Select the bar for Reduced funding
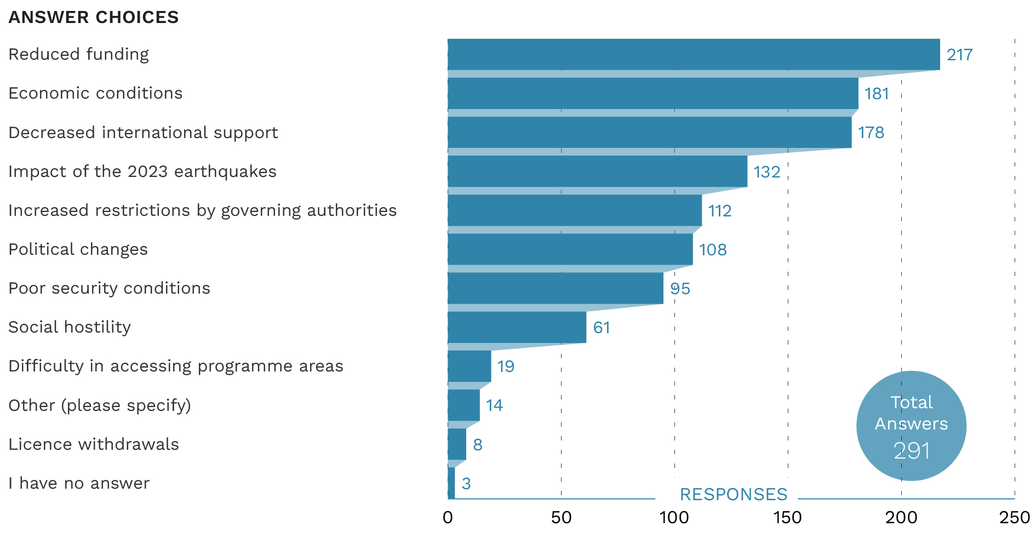pos(694,54)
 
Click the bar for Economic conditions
pos(652,93)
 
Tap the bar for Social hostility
pos(517,327)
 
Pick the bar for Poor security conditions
pos(555,288)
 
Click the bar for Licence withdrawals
pos(457,444)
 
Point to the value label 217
pos(959,55)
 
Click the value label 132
pos(766,172)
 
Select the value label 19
pos(506,367)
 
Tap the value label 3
pos(466,484)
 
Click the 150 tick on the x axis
pos(787,517)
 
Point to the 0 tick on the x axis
pos(448,517)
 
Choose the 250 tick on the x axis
pos(1014,517)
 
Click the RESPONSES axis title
pos(733,494)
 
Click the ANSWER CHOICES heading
pos(94,18)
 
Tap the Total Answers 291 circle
pos(911,426)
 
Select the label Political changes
pos(78,249)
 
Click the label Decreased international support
pos(143,133)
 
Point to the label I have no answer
pos(79,483)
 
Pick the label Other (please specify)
pos(100,405)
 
